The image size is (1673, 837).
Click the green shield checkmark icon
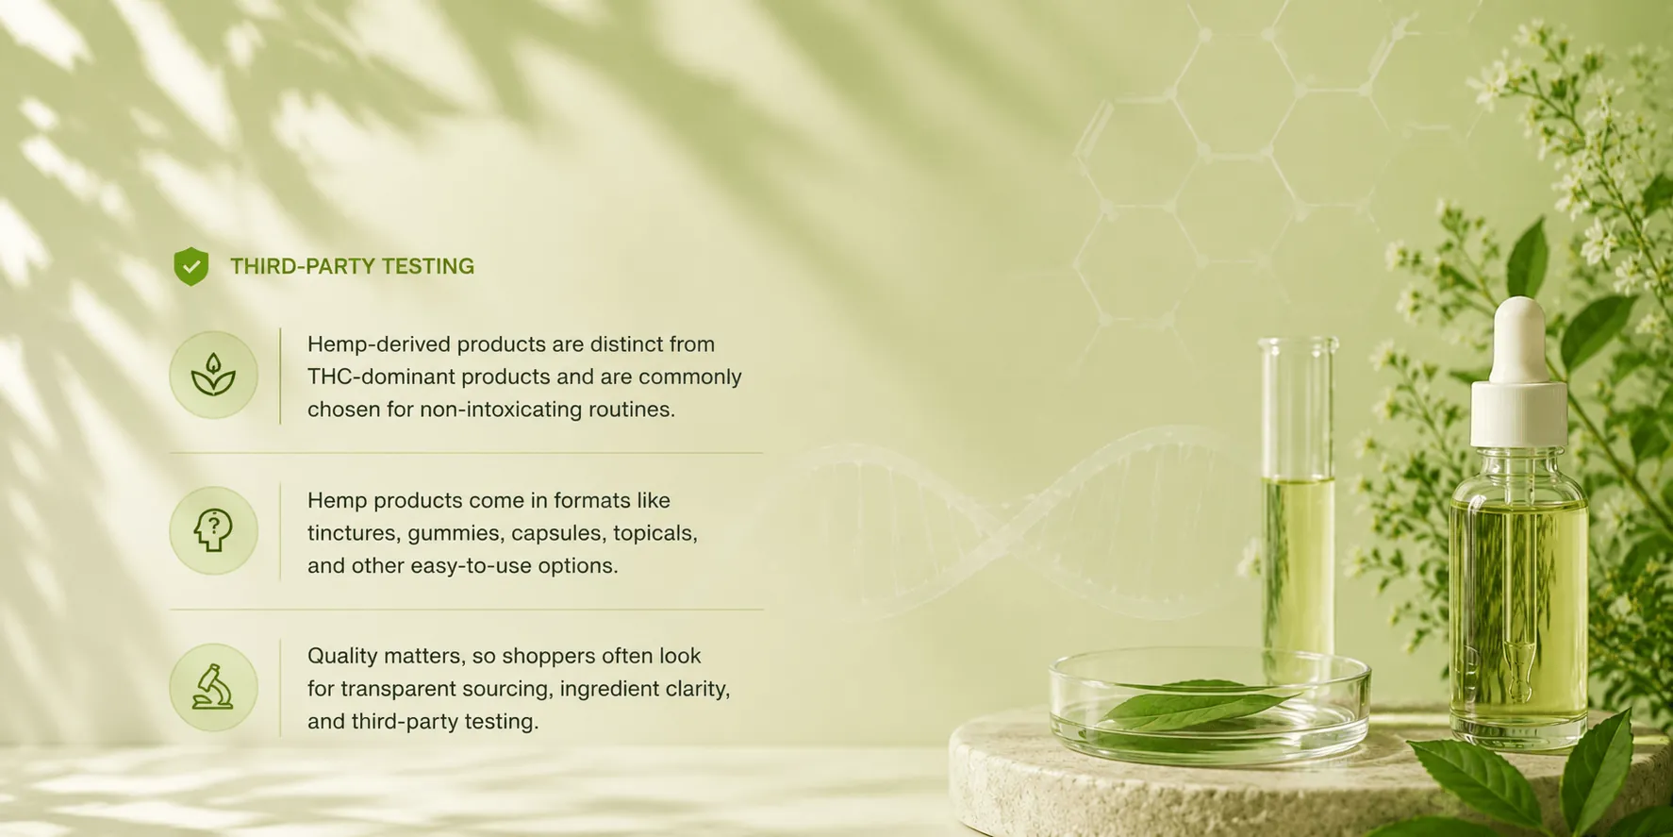[x=191, y=267]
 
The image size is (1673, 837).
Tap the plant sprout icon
[x=213, y=375]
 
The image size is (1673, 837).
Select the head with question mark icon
[x=213, y=530]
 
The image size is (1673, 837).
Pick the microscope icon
[x=213, y=687]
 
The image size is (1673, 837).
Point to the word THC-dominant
[x=375, y=377]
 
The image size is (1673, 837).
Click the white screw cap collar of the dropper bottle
[x=1518, y=413]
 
